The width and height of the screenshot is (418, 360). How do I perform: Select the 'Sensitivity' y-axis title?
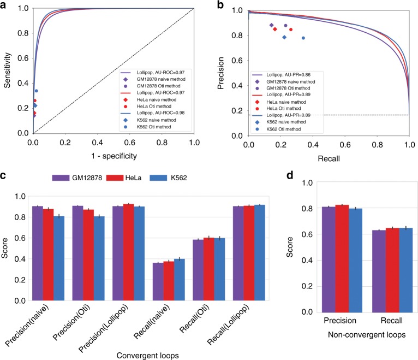[8, 70]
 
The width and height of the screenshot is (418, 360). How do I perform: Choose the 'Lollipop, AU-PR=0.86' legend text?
[287, 74]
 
